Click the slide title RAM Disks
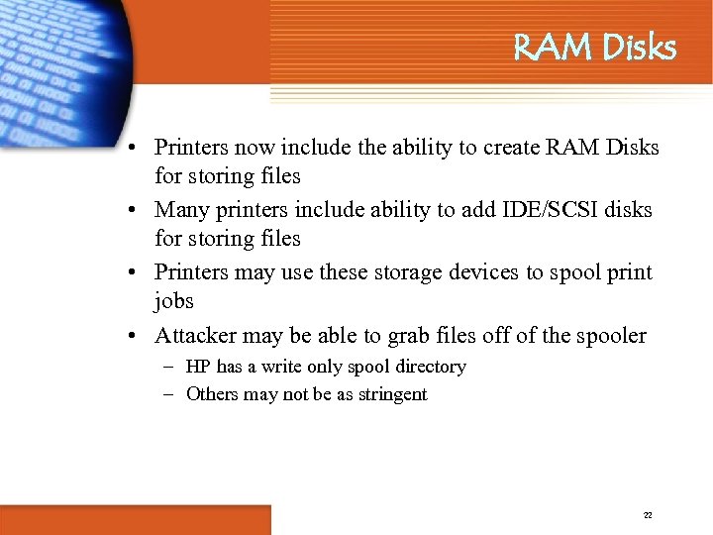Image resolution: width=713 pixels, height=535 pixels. (x=594, y=48)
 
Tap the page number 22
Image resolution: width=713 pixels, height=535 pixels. (x=648, y=515)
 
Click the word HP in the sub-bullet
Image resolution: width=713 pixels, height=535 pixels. (x=199, y=367)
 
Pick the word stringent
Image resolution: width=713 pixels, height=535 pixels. (x=391, y=394)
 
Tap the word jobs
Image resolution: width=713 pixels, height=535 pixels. (x=174, y=300)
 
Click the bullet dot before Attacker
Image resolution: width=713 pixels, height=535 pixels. (x=131, y=337)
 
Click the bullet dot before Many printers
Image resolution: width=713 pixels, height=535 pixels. (x=131, y=211)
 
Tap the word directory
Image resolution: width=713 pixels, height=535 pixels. (x=430, y=367)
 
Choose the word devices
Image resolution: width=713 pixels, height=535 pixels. (x=462, y=272)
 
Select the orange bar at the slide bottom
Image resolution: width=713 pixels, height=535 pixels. (x=135, y=520)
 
